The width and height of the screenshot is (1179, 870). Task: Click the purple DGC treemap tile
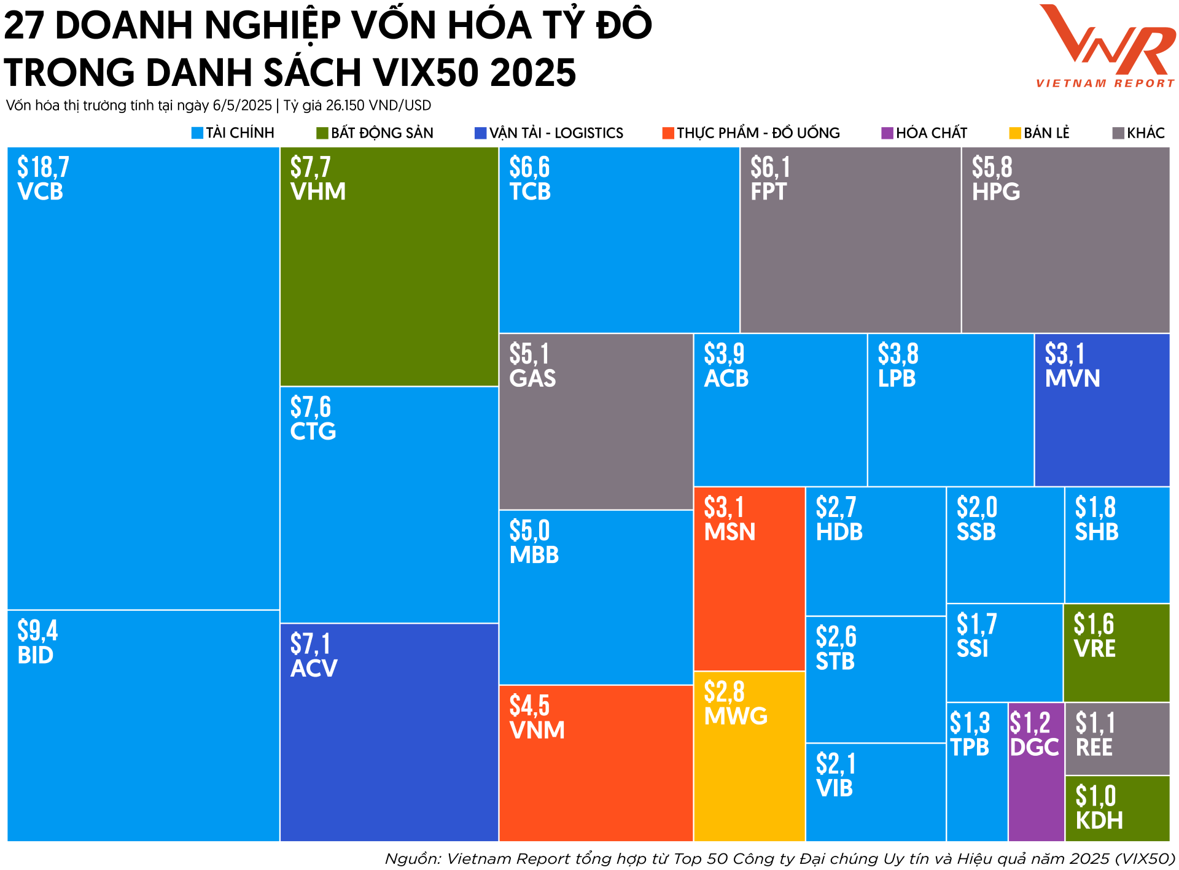click(1036, 772)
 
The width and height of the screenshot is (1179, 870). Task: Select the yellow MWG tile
click(749, 756)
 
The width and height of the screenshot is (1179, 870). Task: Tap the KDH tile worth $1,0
click(1117, 809)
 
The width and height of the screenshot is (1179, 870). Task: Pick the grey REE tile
click(1117, 739)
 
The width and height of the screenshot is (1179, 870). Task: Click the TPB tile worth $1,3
click(977, 772)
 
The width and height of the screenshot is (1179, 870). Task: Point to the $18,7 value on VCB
click(43, 167)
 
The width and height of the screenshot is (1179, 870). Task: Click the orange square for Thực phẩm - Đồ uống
click(668, 133)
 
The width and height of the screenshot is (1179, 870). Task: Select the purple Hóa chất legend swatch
click(887, 133)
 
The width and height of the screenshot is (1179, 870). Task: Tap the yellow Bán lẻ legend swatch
click(1015, 133)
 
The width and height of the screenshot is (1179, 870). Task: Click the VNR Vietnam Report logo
click(1105, 46)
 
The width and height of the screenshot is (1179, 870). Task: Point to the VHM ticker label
click(317, 192)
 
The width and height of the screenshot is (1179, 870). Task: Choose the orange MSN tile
click(749, 579)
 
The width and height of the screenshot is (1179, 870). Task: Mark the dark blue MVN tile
click(1102, 410)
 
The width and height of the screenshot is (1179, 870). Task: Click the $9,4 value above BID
click(37, 631)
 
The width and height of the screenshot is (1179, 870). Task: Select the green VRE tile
click(1116, 653)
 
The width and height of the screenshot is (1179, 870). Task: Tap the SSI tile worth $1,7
click(1005, 653)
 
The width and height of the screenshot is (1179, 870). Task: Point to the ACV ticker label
click(314, 669)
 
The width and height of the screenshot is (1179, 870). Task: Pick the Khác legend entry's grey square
click(1118, 133)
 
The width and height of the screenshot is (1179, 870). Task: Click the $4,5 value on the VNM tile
click(529, 706)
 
